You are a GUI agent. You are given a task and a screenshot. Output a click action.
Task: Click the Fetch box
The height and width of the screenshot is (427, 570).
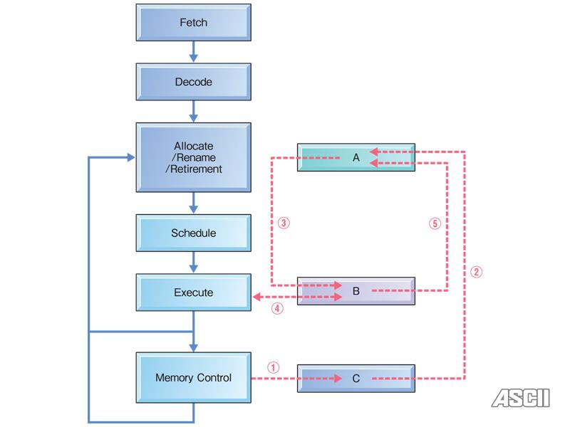click(x=193, y=23)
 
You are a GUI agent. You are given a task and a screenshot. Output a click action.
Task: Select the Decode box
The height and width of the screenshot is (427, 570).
click(x=193, y=82)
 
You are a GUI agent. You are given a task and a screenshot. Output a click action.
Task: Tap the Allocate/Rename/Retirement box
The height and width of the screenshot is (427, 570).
click(x=193, y=157)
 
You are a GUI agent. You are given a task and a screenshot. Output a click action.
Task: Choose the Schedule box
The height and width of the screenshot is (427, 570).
click(x=193, y=233)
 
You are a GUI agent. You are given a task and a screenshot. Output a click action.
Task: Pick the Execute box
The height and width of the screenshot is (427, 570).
click(x=193, y=292)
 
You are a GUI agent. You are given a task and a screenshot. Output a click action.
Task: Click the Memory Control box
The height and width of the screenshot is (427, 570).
click(x=193, y=378)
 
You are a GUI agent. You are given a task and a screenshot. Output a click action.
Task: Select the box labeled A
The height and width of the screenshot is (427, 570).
click(x=356, y=157)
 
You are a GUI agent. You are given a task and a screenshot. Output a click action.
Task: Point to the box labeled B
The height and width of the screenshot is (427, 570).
click(x=356, y=290)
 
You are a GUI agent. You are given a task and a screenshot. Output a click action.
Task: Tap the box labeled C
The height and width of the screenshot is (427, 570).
click(x=356, y=379)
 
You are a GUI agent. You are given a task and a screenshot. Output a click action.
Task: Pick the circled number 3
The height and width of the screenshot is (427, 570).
click(x=283, y=223)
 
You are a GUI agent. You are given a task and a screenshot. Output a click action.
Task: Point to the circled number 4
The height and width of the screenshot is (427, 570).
click(x=278, y=309)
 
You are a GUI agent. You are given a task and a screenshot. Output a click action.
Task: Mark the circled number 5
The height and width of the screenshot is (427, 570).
click(x=435, y=223)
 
